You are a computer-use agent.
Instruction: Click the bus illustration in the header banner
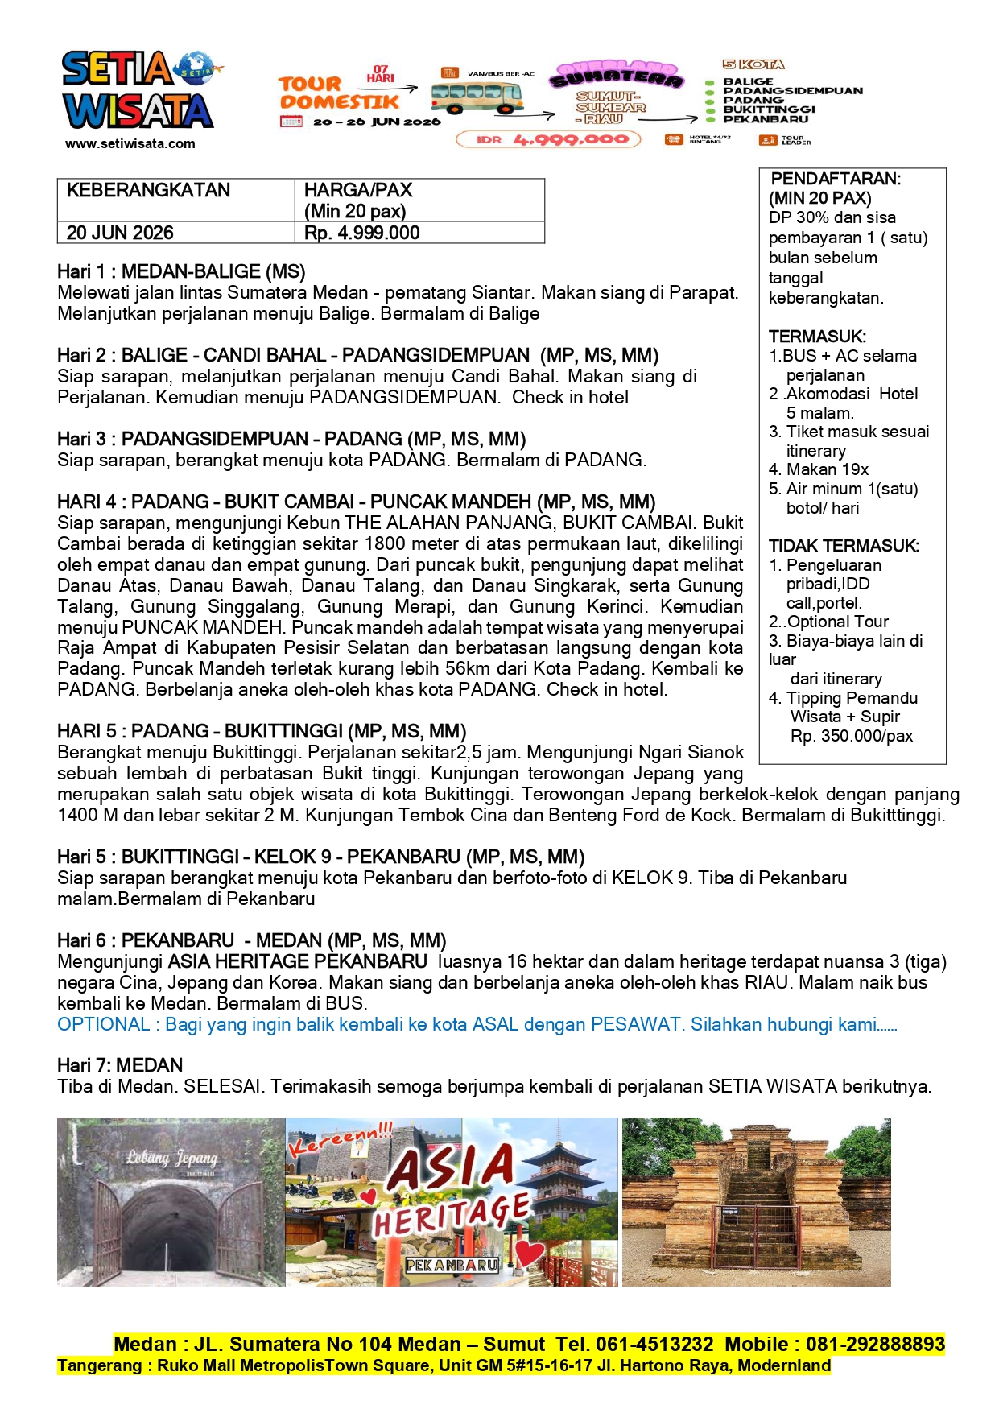click(477, 96)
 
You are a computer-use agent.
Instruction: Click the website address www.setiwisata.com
click(130, 144)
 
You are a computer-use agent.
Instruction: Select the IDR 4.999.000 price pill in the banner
click(549, 139)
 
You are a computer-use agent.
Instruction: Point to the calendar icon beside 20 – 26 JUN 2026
click(291, 122)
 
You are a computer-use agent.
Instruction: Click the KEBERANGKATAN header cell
click(149, 190)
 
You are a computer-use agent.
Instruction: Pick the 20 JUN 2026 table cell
click(120, 233)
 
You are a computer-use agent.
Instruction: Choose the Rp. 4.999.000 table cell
click(362, 233)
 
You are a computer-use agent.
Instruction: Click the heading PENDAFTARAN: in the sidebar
click(836, 179)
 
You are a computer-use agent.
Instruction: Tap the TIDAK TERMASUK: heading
click(844, 546)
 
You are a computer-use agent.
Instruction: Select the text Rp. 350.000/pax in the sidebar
click(852, 736)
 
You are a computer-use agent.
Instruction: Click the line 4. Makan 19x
click(819, 469)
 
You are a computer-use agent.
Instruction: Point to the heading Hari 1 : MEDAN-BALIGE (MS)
click(181, 271)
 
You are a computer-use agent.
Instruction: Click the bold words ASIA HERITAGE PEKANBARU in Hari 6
click(298, 961)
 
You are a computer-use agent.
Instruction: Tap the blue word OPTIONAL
click(104, 1024)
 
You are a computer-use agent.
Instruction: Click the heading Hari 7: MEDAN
click(120, 1065)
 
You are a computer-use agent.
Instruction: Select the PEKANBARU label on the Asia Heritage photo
click(452, 1265)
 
